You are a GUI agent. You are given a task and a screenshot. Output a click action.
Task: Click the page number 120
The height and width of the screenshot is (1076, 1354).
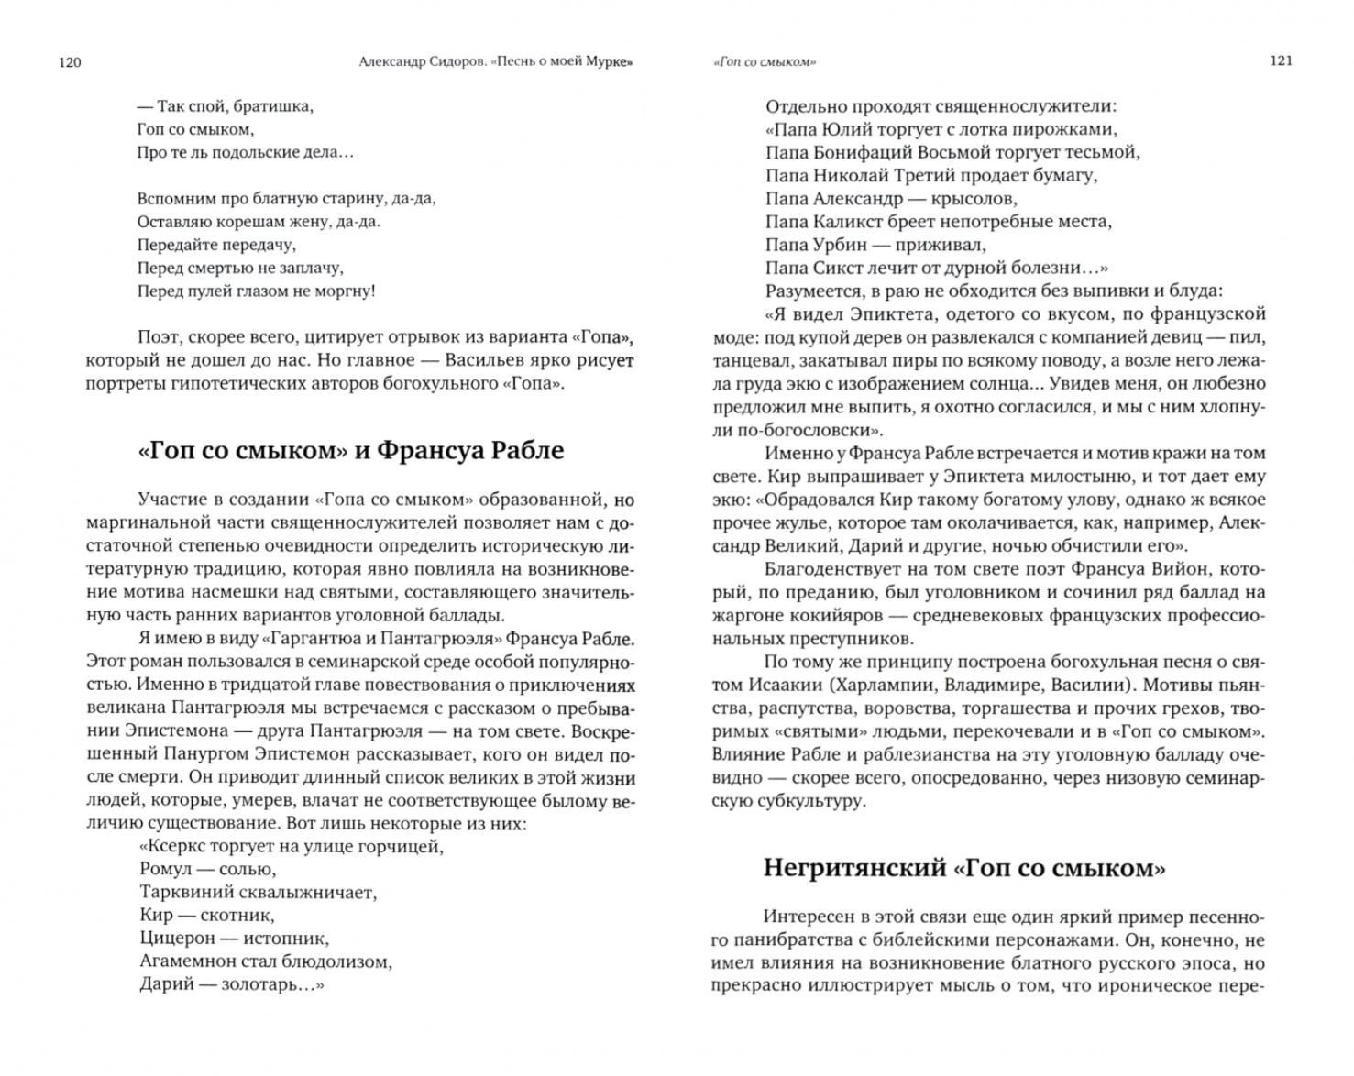click(x=70, y=62)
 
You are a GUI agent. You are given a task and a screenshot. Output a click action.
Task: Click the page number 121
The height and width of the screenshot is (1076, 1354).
click(x=1281, y=60)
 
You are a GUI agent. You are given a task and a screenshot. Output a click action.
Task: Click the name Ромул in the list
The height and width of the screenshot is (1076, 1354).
click(x=163, y=869)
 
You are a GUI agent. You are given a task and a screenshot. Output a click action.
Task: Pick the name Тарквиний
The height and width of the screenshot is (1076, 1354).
click(x=182, y=892)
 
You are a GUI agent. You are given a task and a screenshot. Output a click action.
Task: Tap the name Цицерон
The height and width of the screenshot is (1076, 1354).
click(x=175, y=938)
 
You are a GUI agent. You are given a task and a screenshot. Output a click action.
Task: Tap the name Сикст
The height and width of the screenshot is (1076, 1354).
click(x=834, y=268)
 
